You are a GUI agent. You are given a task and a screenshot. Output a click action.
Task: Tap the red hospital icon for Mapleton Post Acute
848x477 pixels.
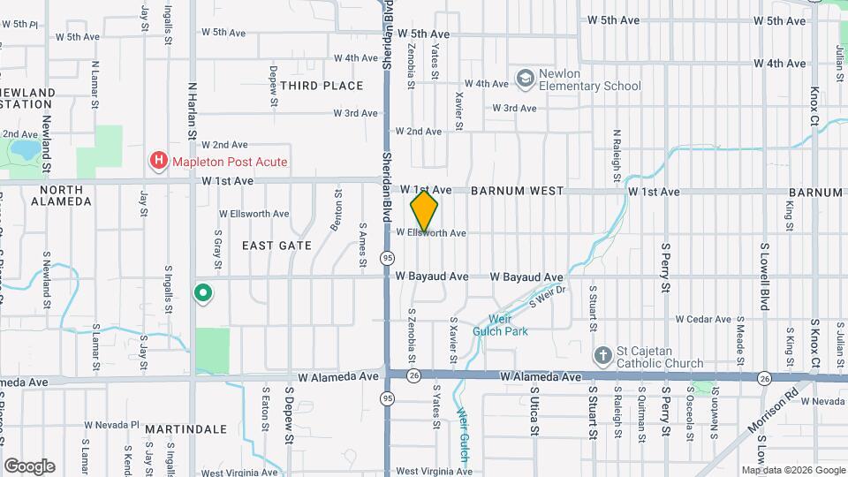point(158,161)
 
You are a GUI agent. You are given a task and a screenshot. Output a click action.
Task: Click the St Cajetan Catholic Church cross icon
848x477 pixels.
point(602,355)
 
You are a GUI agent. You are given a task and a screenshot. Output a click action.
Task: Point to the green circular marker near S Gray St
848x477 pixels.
point(202,293)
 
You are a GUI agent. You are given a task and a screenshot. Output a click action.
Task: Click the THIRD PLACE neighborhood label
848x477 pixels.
point(322,86)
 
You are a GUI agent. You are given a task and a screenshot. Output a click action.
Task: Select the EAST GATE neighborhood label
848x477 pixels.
point(276,245)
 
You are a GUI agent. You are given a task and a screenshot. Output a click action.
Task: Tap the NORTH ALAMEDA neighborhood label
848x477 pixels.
point(61,195)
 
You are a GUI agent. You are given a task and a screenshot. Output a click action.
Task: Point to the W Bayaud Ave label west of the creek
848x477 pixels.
point(432,276)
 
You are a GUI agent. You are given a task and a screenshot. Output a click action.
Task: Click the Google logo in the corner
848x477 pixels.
point(29,466)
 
